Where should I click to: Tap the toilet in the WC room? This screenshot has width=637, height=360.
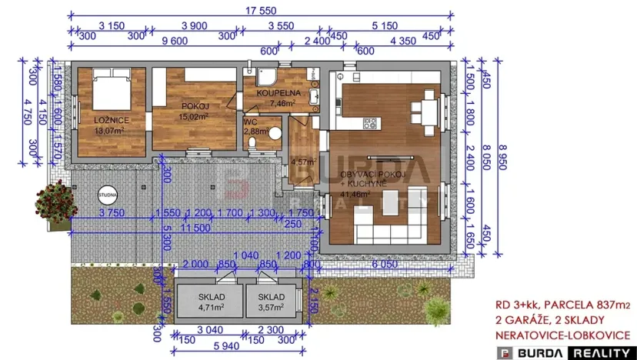tap(275, 132)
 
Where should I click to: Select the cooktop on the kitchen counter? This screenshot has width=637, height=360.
tap(369, 122)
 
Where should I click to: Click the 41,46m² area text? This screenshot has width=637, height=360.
tap(355, 195)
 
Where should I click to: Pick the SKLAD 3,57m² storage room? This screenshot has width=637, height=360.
tap(271, 301)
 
